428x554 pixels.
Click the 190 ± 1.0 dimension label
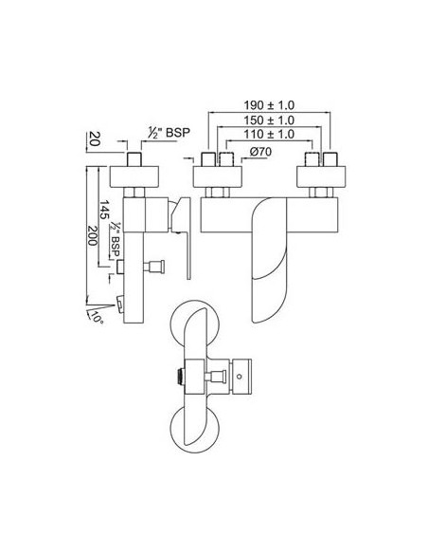point(269,105)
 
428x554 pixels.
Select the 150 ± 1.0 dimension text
point(269,120)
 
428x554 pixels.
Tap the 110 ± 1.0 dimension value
point(269,135)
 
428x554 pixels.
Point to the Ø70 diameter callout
point(261,152)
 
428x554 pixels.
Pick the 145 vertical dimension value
point(104,210)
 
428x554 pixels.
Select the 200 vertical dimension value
point(92,235)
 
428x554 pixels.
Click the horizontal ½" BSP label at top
point(169,133)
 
